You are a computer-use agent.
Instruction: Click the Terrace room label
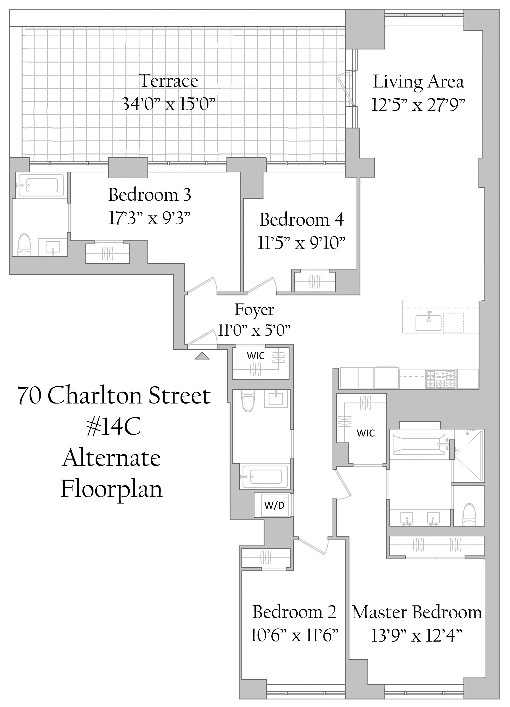click(x=169, y=81)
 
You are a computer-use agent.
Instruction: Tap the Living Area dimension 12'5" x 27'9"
click(x=418, y=105)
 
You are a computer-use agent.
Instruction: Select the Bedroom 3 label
click(x=150, y=194)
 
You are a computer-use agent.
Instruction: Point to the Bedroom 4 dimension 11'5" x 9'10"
click(x=302, y=243)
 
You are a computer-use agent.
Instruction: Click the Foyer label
click(x=254, y=309)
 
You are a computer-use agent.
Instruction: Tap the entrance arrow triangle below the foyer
click(x=202, y=356)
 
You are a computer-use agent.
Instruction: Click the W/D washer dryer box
click(x=274, y=505)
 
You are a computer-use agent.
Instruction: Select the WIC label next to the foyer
click(x=256, y=356)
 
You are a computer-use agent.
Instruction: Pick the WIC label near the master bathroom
click(x=366, y=433)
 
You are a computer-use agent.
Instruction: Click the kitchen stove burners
click(x=440, y=379)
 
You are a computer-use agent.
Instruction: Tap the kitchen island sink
click(x=428, y=322)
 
